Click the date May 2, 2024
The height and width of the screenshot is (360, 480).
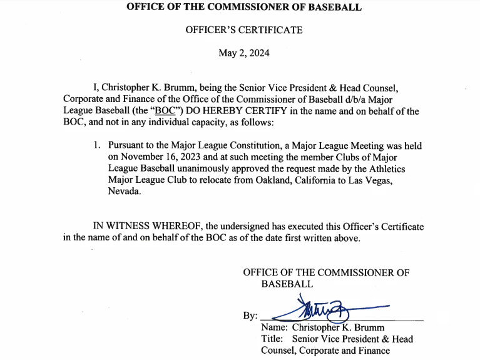tap(243, 53)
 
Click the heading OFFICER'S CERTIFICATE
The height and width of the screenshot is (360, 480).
tap(243, 30)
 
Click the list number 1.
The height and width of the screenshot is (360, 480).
tap(97, 146)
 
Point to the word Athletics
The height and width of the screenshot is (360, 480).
tap(385, 168)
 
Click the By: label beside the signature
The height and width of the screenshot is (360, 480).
tap(250, 316)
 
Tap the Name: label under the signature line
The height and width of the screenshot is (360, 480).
tap(274, 327)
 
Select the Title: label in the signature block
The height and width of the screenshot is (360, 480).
tap(272, 339)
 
